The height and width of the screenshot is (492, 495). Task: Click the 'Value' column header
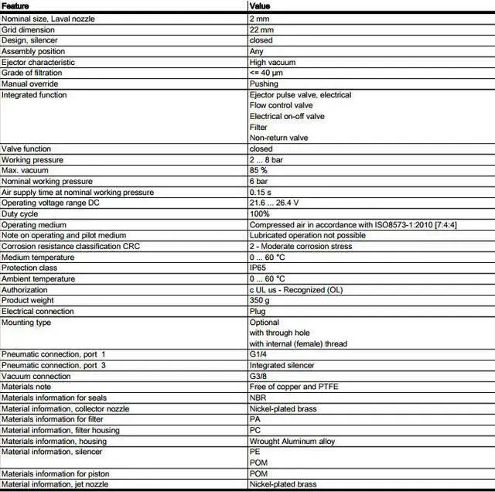260,6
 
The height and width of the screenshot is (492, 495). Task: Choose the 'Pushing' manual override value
264,84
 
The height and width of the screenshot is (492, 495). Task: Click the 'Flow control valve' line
281,105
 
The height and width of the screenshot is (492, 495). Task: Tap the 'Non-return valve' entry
278,138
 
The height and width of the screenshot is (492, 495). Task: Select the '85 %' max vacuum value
258,170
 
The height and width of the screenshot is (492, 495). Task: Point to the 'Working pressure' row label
32,159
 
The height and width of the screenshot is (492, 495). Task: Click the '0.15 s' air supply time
261,192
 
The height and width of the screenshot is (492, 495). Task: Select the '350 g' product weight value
259,300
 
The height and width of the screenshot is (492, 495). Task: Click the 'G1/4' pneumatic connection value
258,354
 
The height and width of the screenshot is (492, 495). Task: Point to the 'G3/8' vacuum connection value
258,376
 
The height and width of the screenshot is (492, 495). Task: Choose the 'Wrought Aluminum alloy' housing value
292,441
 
